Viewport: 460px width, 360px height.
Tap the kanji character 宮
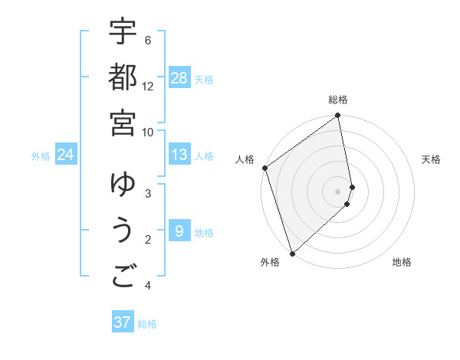pyautogui.click(x=123, y=123)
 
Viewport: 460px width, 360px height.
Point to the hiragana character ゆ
pyautogui.click(x=123, y=185)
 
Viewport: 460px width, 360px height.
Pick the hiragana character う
pyautogui.click(x=123, y=232)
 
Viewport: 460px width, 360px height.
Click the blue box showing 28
pyautogui.click(x=179, y=78)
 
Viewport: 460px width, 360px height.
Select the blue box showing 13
pyautogui.click(x=179, y=155)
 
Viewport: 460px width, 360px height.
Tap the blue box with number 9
pyautogui.click(x=179, y=231)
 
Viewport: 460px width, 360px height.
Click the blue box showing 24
pyautogui.click(x=66, y=155)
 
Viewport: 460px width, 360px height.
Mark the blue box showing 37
pyautogui.click(x=123, y=322)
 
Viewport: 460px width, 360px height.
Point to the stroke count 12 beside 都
pyautogui.click(x=148, y=87)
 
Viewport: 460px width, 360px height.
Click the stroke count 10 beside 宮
pyautogui.click(x=148, y=133)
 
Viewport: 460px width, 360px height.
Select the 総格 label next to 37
pyautogui.click(x=147, y=324)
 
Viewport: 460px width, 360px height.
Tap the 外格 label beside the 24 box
pyautogui.click(x=41, y=156)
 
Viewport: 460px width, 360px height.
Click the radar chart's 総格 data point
pyautogui.click(x=338, y=116)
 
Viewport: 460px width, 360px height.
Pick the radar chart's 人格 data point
pyautogui.click(x=264, y=168)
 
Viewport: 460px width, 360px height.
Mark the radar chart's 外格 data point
pyautogui.click(x=292, y=254)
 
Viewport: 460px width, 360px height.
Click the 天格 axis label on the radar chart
pyautogui.click(x=432, y=159)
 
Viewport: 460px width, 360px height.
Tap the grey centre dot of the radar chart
pyautogui.click(x=338, y=191)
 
